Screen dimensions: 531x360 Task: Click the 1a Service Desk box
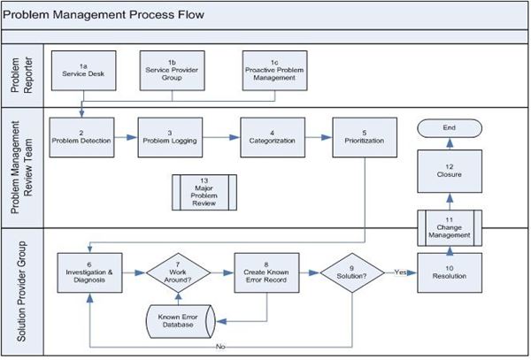pos(84,71)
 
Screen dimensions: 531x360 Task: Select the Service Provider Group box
pos(172,71)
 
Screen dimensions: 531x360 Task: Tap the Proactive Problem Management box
pos(274,71)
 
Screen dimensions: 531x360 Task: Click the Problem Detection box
pos(81,137)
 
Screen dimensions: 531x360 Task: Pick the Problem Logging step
pos(170,137)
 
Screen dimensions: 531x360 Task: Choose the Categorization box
pos(273,137)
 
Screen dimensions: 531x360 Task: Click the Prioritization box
pos(365,137)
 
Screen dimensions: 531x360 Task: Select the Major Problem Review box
pos(204,193)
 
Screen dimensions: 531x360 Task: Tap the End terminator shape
pos(450,128)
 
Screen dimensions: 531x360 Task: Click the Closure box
pos(450,172)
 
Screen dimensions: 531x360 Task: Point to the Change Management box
pos(450,227)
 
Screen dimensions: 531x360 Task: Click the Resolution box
pos(450,272)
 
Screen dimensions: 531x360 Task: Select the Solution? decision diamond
pos(352,272)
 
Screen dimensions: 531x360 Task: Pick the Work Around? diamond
pos(178,272)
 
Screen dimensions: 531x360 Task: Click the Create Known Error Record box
pos(266,272)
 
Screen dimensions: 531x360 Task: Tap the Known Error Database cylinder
pos(181,321)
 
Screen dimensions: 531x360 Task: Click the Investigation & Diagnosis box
pos(89,272)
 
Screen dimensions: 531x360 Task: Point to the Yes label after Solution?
pos(400,272)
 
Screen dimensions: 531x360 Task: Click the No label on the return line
pos(220,347)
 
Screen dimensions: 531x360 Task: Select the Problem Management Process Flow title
pos(104,14)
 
